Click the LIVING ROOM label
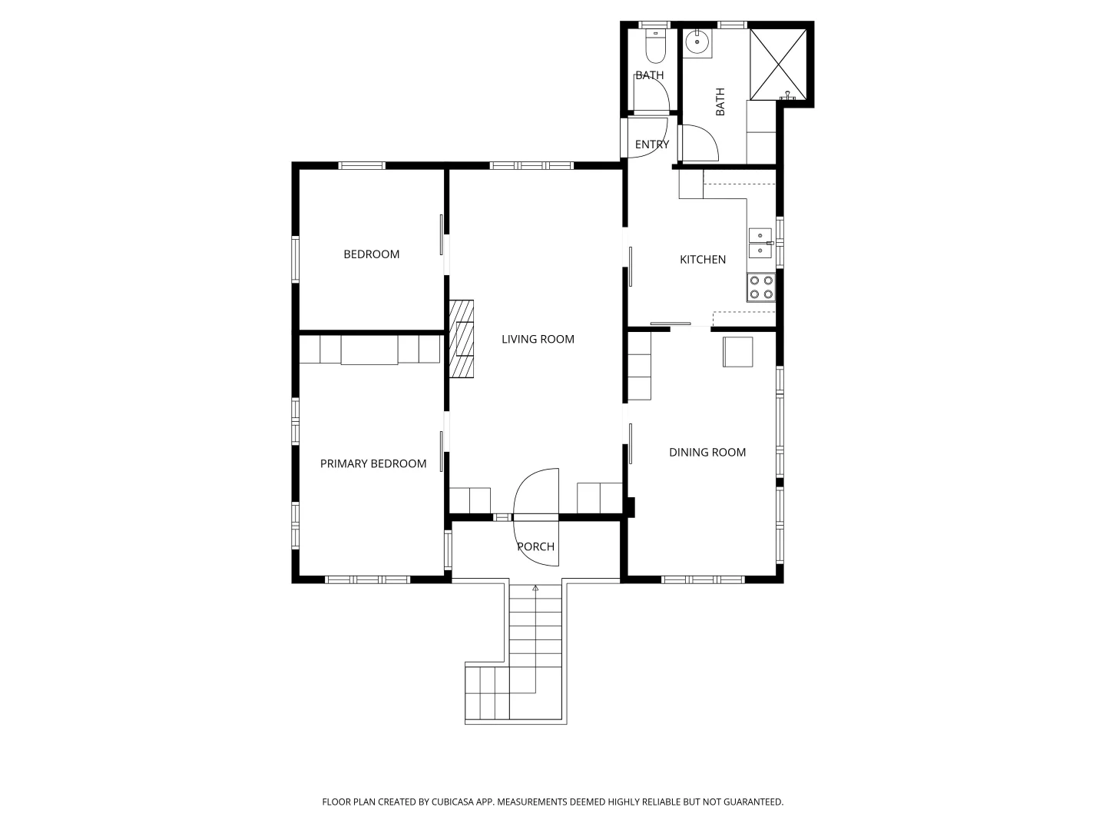click(x=538, y=339)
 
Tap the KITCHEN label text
click(x=703, y=260)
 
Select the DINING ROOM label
click(x=707, y=453)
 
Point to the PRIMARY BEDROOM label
click(x=373, y=463)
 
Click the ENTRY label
click(x=651, y=144)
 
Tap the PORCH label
click(x=535, y=546)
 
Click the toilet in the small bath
click(x=656, y=46)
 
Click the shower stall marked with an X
click(x=778, y=64)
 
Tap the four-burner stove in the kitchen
click(x=761, y=287)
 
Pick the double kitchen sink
click(x=760, y=243)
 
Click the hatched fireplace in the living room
click(x=462, y=339)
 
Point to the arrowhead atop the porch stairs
click(x=535, y=588)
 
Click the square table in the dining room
click(x=737, y=352)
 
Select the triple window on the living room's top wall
click(x=531, y=165)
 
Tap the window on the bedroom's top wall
click(x=361, y=165)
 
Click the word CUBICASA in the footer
click(x=452, y=802)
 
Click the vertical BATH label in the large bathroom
click(x=720, y=101)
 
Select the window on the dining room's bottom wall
click(x=703, y=580)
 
